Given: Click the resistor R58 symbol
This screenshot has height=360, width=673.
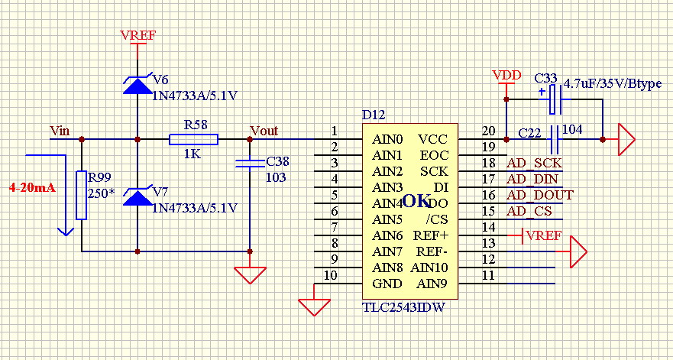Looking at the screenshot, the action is click(x=193, y=140).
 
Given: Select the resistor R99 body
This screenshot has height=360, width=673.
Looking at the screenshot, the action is click(x=82, y=195).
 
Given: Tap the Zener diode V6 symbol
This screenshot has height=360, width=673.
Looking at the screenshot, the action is click(x=138, y=85).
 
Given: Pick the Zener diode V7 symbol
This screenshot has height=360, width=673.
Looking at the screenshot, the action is click(x=138, y=196).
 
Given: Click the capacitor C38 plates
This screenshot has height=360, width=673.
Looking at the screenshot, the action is click(x=250, y=164).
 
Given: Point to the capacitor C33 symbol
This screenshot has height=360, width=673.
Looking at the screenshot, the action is click(x=555, y=99).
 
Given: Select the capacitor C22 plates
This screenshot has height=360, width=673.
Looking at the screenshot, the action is click(x=555, y=140).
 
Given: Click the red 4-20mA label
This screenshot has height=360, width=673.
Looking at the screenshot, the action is click(x=33, y=188).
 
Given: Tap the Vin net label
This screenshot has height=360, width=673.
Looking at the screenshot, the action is click(x=60, y=130).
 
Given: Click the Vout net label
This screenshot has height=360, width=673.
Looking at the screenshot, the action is click(x=264, y=130).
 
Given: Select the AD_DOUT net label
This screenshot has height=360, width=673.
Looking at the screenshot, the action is click(x=540, y=196).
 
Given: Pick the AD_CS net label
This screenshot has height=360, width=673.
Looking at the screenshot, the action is click(x=529, y=212).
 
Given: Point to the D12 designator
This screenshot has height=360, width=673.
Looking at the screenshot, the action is click(x=374, y=115).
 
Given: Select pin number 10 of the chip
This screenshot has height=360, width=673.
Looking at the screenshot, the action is click(x=331, y=275).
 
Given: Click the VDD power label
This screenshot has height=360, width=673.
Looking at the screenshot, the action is click(x=507, y=76).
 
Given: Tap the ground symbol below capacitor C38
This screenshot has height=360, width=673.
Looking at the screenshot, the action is click(x=251, y=275).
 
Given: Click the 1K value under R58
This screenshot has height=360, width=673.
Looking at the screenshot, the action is click(x=193, y=154).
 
